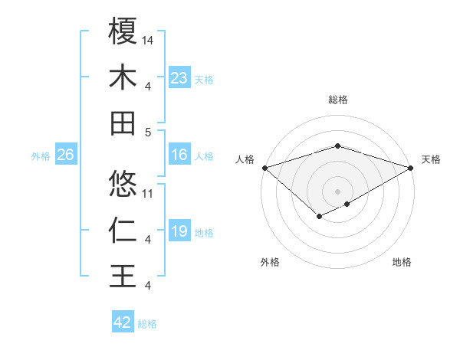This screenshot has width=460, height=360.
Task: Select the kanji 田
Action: tap(123, 123)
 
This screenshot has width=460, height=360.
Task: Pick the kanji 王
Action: tap(123, 276)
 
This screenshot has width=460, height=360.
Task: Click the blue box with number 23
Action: tap(179, 78)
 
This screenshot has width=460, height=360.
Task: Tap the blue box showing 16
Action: tap(179, 155)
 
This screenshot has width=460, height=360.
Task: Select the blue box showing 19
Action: tap(179, 232)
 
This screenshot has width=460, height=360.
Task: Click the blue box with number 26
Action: tap(65, 155)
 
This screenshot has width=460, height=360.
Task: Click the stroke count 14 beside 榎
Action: tap(148, 39)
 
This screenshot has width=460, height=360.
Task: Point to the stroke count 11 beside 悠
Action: tap(148, 193)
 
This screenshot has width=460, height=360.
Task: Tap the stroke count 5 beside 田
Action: tap(148, 132)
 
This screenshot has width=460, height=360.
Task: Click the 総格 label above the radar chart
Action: tap(338, 100)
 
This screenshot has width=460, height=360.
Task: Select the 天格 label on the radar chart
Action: tap(431, 159)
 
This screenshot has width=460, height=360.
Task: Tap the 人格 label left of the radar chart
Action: tap(245, 159)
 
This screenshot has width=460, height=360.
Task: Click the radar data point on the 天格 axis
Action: tap(412, 167)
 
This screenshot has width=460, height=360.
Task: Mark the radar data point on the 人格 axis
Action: tap(264, 167)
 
